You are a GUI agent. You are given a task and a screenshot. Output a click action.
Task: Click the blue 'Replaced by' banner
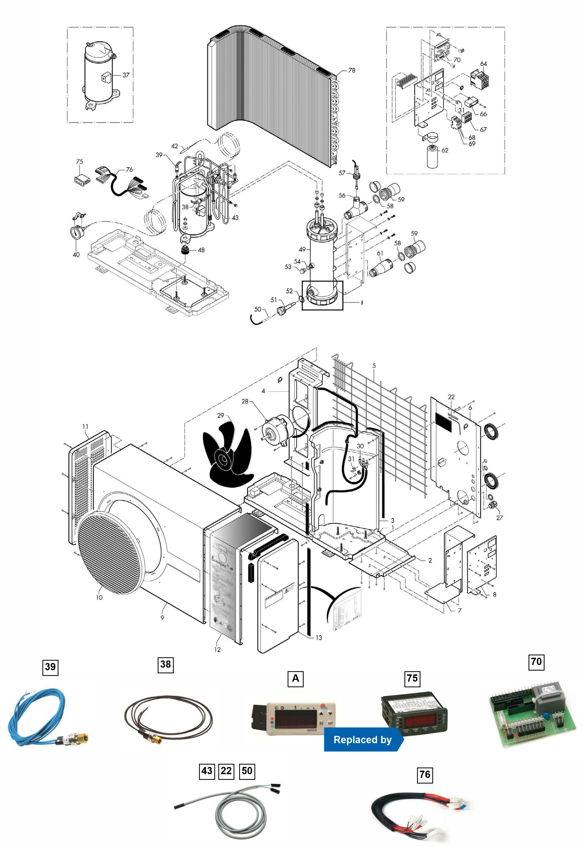(363, 740)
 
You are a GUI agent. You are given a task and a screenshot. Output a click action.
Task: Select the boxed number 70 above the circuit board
(536, 661)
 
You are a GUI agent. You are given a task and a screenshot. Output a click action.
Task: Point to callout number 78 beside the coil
(351, 70)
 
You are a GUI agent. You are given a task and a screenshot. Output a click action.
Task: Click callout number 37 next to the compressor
(126, 75)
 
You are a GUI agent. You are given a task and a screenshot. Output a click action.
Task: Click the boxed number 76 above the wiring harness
(425, 774)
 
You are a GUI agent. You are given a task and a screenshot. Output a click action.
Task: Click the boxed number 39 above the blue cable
(50, 666)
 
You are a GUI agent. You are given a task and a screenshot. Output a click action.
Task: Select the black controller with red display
(414, 714)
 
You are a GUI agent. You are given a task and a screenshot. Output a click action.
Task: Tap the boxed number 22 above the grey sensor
(226, 771)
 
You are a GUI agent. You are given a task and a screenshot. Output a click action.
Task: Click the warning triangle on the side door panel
(289, 588)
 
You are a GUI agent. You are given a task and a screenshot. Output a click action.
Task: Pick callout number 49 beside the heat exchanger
(302, 249)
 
